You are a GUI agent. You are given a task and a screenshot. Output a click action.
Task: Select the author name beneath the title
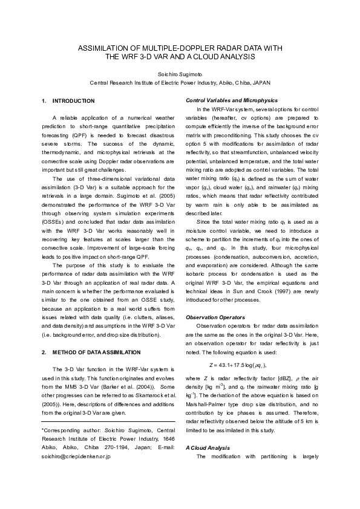(180, 73)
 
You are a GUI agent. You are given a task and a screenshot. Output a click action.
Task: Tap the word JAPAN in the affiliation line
(260, 82)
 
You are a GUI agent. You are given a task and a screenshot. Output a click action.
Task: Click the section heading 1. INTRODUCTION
(68, 100)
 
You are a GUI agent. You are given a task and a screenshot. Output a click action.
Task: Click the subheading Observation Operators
(215, 317)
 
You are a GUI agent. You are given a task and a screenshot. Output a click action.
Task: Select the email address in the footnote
(77, 457)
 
